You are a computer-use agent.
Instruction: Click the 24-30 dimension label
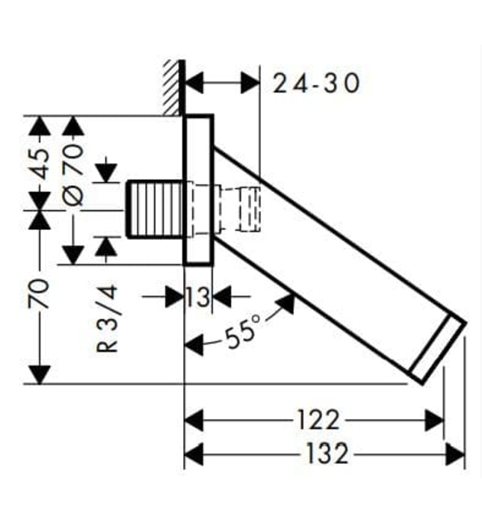pos(315,82)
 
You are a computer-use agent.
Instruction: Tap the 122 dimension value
pos(318,420)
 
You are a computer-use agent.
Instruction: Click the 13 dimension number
pos(198,297)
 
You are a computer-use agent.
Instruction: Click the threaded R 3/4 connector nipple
pos(155,209)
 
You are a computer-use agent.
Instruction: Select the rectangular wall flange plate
pos(199,191)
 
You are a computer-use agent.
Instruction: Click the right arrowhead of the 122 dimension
pos(434,420)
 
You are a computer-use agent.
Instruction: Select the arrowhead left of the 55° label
pos(194,344)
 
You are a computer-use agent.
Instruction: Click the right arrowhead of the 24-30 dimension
pos(250,82)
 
